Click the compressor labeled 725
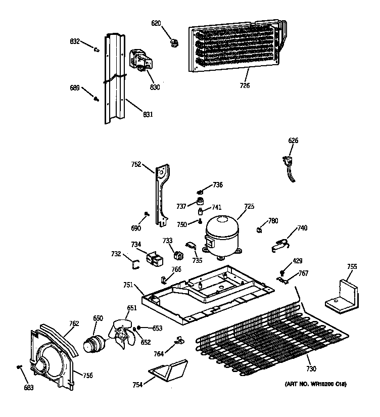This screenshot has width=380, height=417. tap(222, 235)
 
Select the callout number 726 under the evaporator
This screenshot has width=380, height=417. tap(245, 85)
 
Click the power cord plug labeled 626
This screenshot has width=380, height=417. tap(288, 165)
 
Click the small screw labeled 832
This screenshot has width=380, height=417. tap(96, 49)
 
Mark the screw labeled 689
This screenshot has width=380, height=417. tap(96, 99)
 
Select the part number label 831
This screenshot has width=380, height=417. tap(148, 114)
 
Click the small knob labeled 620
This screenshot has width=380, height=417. tap(174, 42)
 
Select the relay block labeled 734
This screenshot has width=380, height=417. tap(154, 259)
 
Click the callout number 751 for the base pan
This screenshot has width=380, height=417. tap(128, 285)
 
